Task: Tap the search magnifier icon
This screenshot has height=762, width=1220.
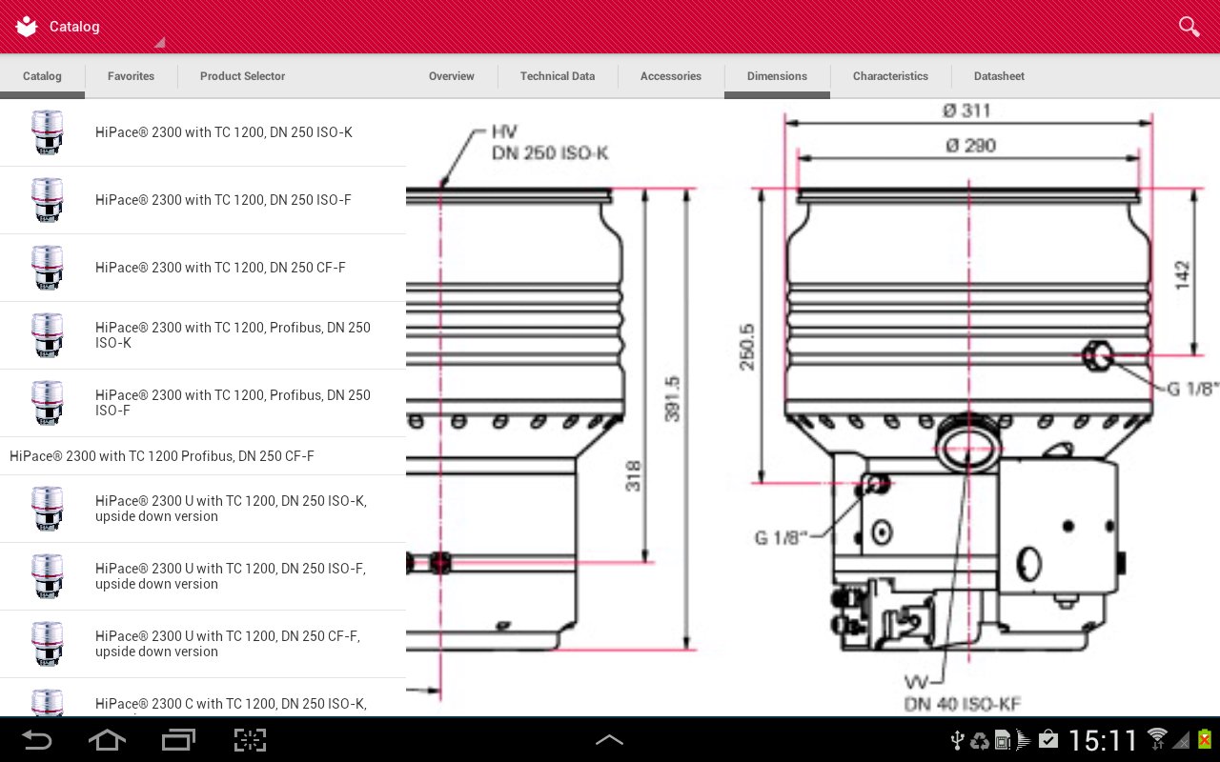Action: pos(1189,26)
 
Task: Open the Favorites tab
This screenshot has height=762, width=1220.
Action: pos(131,76)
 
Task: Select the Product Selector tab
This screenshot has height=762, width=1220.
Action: pos(242,76)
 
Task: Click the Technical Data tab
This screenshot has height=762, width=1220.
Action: pos(558,76)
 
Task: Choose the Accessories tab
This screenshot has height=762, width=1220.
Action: pos(670,76)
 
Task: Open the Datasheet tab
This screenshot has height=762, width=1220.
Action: pos(999,76)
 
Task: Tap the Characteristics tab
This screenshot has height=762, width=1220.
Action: pos(890,76)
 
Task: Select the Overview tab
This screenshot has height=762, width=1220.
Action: pos(452,76)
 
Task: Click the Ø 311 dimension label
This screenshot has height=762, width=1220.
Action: pos(966,111)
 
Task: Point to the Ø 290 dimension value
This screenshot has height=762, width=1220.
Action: pos(970,146)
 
